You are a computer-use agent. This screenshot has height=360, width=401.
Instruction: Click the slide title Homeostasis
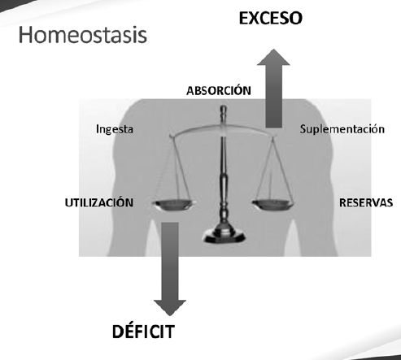pos(83,35)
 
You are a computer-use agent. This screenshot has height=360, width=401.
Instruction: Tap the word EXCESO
pos(271,18)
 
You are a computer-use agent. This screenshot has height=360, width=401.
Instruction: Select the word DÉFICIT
pos(143,331)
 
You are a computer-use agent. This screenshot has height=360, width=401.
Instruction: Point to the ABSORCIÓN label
pos(219,90)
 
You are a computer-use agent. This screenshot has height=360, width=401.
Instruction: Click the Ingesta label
pos(115,129)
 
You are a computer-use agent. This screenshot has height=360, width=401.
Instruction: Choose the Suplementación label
pos(342,129)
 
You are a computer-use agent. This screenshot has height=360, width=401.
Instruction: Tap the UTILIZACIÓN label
pos(99,202)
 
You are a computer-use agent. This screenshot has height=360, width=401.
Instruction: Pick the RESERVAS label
pos(366,202)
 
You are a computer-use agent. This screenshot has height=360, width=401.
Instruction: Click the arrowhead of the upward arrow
pos(273,57)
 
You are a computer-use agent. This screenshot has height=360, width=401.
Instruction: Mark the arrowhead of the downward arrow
pos(170,308)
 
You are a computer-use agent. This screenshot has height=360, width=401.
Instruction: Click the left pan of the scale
pos(174,205)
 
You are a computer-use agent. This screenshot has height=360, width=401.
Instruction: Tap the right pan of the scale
pos(273,205)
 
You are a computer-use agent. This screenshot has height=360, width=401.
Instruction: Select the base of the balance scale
pos(224,236)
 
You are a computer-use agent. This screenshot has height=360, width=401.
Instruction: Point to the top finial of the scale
pos(224,111)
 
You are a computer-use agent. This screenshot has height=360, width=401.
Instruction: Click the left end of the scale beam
pos(172,136)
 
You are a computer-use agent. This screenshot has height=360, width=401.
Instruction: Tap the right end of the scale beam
pos(274,135)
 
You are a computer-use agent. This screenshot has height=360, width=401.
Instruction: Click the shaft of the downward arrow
pos(170,262)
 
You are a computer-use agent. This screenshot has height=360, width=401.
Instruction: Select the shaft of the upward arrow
pos(274,96)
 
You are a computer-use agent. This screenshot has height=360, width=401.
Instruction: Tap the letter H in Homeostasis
pos(26,35)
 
